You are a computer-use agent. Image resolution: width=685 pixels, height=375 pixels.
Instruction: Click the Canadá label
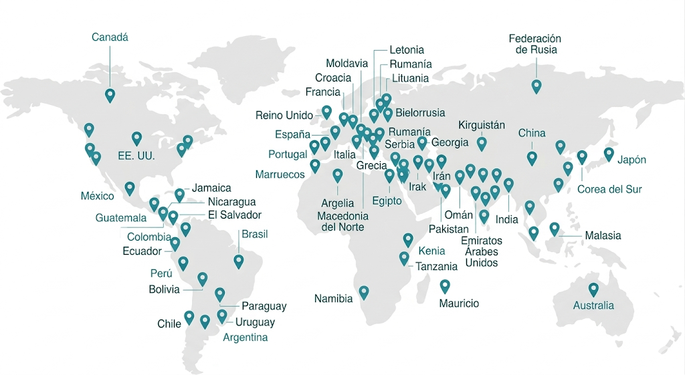click(110, 37)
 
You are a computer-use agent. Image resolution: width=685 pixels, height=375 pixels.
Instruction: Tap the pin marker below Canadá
click(110, 96)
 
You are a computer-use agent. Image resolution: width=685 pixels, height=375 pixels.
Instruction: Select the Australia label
click(593, 305)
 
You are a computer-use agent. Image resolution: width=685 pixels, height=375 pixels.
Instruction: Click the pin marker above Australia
click(593, 289)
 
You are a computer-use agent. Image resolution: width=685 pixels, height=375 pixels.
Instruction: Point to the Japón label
click(632, 160)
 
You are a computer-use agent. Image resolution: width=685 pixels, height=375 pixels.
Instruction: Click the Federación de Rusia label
click(534, 44)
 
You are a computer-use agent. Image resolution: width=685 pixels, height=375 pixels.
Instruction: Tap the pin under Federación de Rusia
click(536, 86)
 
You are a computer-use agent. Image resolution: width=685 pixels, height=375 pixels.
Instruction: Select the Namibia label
click(333, 299)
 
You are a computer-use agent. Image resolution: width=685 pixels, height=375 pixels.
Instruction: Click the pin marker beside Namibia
click(364, 292)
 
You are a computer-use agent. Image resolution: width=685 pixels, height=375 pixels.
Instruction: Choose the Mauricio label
click(459, 303)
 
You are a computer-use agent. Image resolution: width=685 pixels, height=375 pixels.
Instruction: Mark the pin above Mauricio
click(445, 286)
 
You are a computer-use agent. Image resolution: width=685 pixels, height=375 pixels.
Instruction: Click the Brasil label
click(254, 234)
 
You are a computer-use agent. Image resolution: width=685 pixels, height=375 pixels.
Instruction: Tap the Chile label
click(169, 324)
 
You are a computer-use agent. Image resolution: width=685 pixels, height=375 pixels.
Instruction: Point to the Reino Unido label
click(284, 116)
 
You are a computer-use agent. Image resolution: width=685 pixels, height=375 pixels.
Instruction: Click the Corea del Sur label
click(609, 189)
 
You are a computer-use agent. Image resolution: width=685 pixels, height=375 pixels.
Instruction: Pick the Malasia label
click(603, 235)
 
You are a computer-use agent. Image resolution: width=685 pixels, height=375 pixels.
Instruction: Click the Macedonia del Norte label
click(342, 221)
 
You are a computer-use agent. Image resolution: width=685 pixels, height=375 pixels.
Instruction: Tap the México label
click(98, 197)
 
